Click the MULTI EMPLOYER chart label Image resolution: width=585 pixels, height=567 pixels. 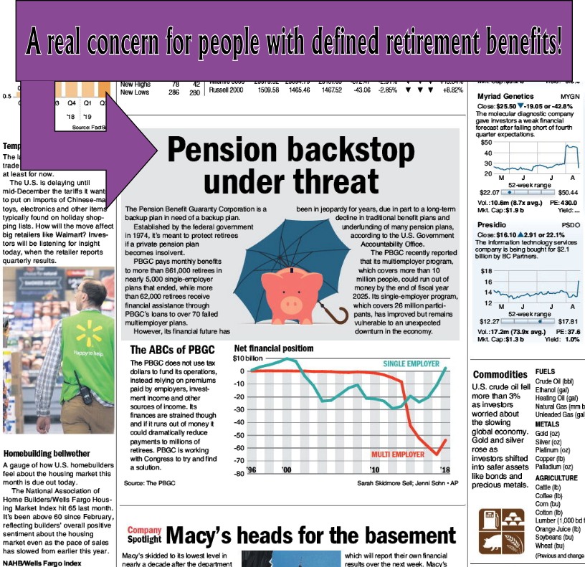point(399,454)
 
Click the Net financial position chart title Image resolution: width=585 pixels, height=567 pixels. point(274,348)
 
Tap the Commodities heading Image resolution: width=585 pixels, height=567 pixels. point(500,374)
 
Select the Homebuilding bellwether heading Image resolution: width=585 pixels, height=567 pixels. point(46,454)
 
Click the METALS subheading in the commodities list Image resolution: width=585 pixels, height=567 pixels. point(548,424)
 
